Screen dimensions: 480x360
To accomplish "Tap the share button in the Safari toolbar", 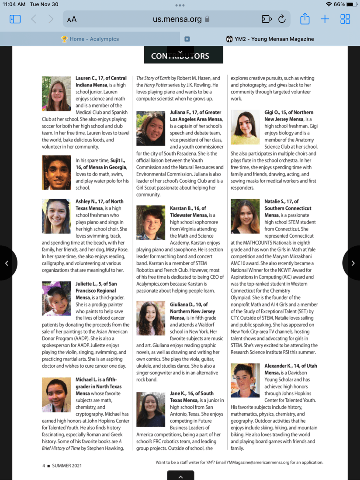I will click(305, 19).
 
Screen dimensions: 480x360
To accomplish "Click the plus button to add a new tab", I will click(325, 19).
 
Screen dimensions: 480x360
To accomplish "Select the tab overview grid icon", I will click(345, 19).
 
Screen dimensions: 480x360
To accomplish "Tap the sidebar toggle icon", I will click(15, 19).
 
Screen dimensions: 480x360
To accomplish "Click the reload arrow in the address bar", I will click(282, 19).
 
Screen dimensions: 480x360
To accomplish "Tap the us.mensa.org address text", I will click(177, 19).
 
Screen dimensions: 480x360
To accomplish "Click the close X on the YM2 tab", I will click(187, 39).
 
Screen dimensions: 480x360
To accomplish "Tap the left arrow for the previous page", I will click(7, 263).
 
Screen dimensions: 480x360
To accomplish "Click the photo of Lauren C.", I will click(56, 93).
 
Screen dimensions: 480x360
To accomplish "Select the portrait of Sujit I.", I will click(56, 173).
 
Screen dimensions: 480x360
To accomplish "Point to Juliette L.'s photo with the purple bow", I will click(56, 298).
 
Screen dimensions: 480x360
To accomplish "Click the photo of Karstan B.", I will click(151, 223).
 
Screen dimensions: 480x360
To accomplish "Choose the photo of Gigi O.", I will click(245, 127).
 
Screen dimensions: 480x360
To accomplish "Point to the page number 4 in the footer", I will click(44, 466).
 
